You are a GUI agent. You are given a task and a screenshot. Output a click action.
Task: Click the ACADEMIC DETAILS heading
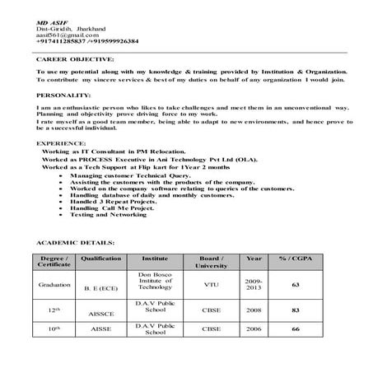76,245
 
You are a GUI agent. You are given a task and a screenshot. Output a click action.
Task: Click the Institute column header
155,259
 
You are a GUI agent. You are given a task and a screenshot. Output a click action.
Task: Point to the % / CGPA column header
295,259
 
